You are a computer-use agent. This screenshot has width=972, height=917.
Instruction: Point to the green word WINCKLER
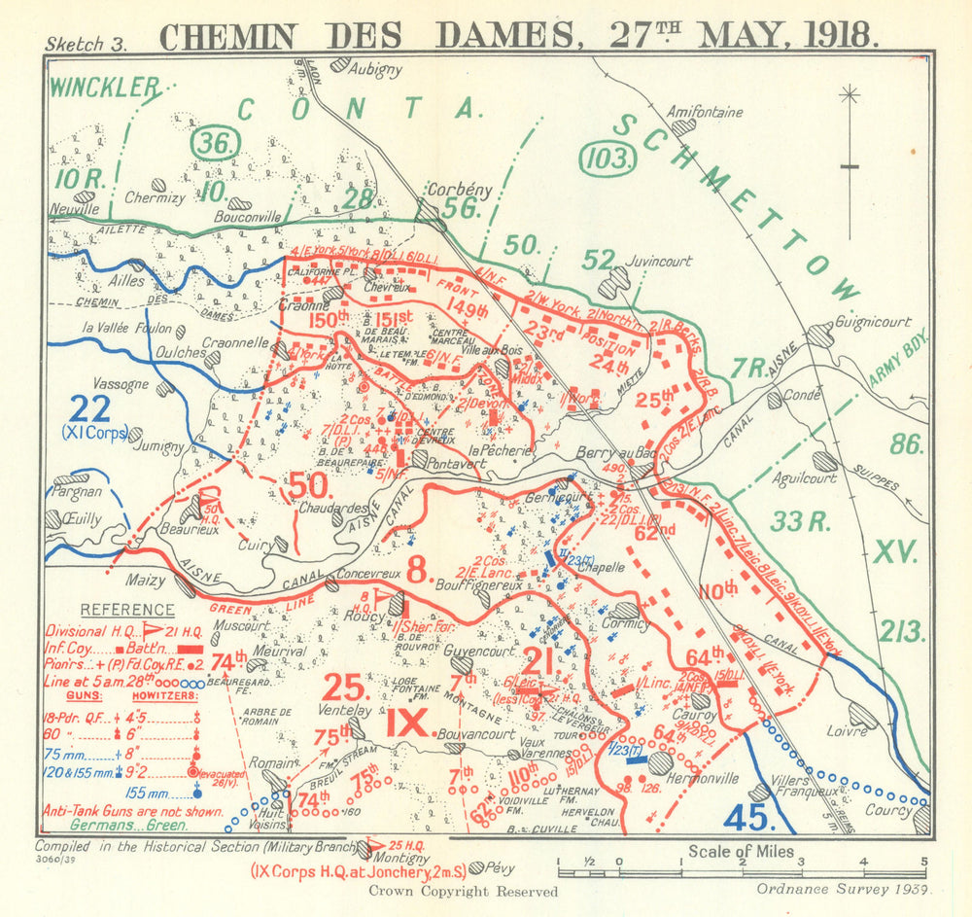point(104,88)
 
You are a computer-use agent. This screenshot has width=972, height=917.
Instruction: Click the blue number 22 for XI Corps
point(89,408)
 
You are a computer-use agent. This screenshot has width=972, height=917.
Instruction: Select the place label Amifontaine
point(706,112)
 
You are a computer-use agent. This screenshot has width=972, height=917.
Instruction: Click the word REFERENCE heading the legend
point(126,610)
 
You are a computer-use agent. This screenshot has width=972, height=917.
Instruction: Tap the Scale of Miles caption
point(742,852)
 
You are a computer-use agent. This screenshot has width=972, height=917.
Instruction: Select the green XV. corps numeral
point(895,552)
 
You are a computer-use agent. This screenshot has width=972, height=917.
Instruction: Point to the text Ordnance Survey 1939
point(845,888)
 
